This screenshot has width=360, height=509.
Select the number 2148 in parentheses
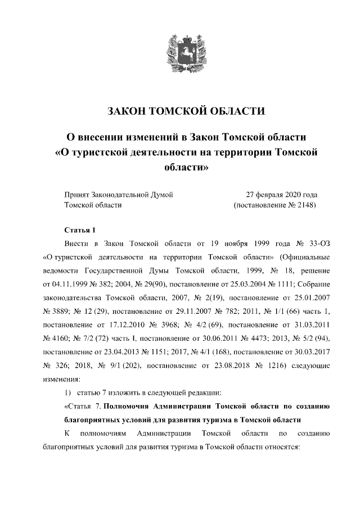tap(301, 205)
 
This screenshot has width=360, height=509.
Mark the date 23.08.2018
tap(228, 364)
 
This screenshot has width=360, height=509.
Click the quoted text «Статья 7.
tap(85, 406)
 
